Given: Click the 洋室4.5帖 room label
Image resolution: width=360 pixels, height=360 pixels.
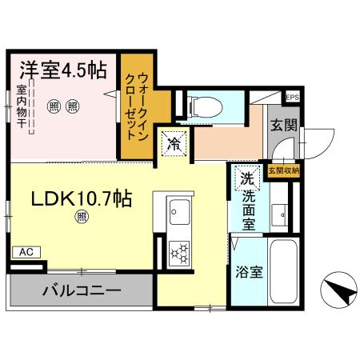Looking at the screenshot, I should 60,70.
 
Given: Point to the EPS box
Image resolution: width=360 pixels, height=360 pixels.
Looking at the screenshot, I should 292,97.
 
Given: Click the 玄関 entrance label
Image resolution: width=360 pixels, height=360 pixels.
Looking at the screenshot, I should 284,125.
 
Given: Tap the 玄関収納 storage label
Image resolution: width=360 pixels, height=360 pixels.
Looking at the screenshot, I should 284,170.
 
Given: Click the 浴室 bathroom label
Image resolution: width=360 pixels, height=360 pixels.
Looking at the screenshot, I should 248,272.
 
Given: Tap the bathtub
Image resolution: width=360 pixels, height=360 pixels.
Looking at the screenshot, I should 284,272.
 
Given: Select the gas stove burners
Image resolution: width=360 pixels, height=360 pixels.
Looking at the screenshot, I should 179,253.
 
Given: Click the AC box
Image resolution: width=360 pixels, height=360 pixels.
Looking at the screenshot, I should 26,252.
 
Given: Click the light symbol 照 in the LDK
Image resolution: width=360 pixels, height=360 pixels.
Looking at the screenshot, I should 82,215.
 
